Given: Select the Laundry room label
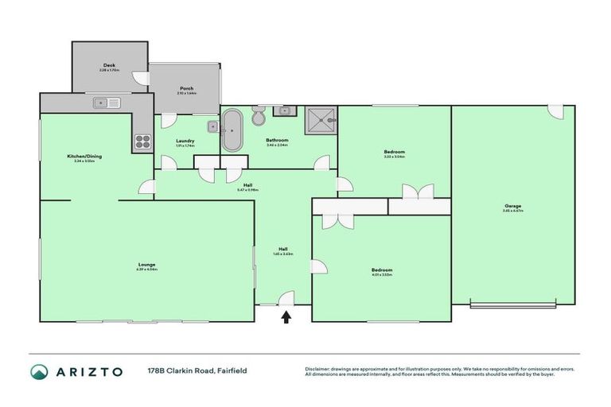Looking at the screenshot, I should tap(185, 142).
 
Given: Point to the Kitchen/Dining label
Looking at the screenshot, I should tap(84, 157).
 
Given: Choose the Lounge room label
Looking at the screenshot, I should tap(146, 266).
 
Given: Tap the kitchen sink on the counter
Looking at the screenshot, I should tap(106, 103).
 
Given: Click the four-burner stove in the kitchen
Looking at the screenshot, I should tap(142, 141).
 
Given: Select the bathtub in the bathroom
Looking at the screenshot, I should tap(232, 130).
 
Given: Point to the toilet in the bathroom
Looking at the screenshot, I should tap(259, 118).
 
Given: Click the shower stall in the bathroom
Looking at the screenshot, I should tap(321, 121).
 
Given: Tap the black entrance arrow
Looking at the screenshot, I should tap(286, 317).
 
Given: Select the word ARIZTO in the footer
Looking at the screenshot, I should tap(89, 371).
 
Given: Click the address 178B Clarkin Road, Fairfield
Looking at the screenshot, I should tap(189, 371).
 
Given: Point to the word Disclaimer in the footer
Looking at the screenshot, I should tap(319, 368).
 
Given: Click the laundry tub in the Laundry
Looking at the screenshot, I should tap(212, 126).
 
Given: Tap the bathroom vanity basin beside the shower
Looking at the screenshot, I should tap(288, 111).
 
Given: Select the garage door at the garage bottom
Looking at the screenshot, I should tap(512, 304).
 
